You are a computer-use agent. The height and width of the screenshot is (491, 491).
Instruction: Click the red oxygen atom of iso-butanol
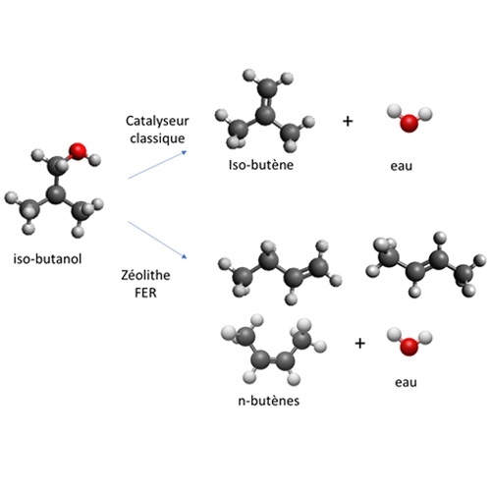(x=78, y=151)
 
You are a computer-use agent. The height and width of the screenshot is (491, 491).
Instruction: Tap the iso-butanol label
(x=47, y=259)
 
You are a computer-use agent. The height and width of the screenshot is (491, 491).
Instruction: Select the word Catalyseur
(x=157, y=121)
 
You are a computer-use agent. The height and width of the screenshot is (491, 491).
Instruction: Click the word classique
(x=157, y=138)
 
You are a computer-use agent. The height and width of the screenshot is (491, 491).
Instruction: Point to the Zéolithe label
(x=145, y=275)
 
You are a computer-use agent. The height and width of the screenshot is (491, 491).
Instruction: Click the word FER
(x=145, y=293)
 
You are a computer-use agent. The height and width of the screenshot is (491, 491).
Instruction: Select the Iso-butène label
(x=261, y=165)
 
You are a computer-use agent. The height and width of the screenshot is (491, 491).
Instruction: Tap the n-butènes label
(x=269, y=401)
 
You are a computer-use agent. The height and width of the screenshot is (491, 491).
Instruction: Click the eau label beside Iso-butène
(x=402, y=166)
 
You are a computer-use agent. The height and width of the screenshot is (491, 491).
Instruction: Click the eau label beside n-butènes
(x=406, y=382)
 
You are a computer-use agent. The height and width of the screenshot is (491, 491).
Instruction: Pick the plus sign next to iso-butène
(x=348, y=122)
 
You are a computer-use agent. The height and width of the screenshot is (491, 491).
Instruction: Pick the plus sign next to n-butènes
(x=359, y=344)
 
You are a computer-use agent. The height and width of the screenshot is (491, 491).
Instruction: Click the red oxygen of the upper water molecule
(x=409, y=123)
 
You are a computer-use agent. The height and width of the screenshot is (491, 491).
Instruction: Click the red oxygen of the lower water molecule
(x=409, y=347)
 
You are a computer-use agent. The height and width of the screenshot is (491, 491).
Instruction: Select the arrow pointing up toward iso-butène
(x=157, y=165)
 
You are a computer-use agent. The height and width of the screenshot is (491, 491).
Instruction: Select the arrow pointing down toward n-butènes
(x=157, y=240)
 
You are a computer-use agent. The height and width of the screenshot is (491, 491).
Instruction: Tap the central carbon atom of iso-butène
(x=265, y=115)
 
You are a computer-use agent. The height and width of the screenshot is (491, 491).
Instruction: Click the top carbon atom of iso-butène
(x=268, y=87)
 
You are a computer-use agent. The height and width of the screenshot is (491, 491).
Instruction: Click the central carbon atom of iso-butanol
(x=56, y=194)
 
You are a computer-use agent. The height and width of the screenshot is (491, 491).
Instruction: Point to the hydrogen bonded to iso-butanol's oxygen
(x=95, y=160)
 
